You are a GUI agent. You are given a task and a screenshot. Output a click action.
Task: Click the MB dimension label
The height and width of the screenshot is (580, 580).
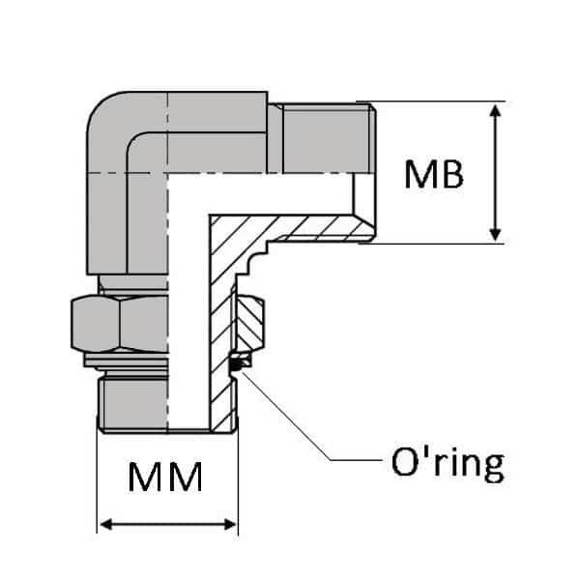[x=434, y=174]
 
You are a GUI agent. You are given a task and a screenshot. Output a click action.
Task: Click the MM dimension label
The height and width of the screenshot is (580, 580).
[x=165, y=477]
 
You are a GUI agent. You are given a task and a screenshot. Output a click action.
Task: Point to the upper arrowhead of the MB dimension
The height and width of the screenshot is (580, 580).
[x=495, y=108]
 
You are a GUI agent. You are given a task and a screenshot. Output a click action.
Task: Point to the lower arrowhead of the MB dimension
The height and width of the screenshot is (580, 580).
[x=495, y=234]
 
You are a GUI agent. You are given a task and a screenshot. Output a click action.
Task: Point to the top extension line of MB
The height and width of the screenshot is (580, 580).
[x=435, y=101]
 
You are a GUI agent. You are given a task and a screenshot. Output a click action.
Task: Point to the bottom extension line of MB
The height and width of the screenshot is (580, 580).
[x=435, y=243]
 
